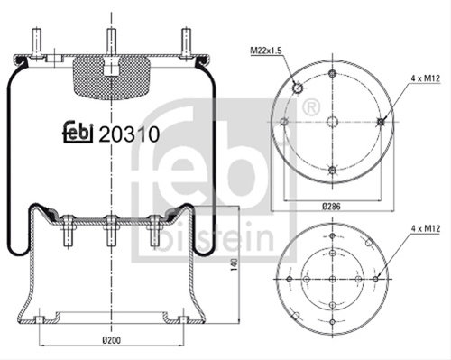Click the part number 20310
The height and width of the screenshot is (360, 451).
(129, 134)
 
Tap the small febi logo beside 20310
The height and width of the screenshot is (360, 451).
(78, 132)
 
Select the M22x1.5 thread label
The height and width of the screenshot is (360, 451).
(266, 51)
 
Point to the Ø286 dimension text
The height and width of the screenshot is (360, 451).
(331, 207)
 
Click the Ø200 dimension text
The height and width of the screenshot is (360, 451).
(111, 340)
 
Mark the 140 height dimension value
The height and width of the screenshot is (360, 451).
(235, 264)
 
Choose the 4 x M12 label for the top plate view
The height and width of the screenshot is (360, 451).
(426, 78)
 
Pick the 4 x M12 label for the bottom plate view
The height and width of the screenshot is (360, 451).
(426, 228)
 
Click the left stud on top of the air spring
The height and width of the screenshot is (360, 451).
(36, 42)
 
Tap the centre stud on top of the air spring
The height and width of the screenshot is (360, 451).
(111, 42)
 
